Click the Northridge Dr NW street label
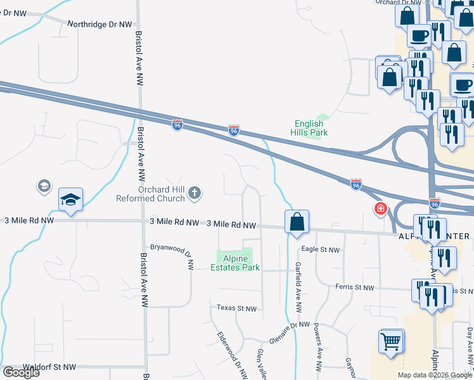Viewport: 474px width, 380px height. click(99, 24)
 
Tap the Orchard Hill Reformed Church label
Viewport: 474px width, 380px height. click(150, 194)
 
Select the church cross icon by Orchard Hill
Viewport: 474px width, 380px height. click(195, 191)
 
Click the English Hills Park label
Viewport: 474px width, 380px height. click(309, 129)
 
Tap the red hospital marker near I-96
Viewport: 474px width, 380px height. click(381, 208)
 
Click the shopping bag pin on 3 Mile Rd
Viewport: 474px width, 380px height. click(297, 222)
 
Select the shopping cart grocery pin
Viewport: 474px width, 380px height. click(391, 342)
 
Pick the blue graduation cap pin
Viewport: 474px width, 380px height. click(71, 200)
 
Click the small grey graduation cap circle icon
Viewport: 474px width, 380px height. click(43, 186)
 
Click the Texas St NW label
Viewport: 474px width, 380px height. click(236, 308)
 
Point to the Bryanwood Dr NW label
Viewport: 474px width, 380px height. click(172, 248)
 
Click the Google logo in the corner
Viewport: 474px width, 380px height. click(21, 372)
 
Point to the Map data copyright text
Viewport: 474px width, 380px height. click(435, 375)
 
